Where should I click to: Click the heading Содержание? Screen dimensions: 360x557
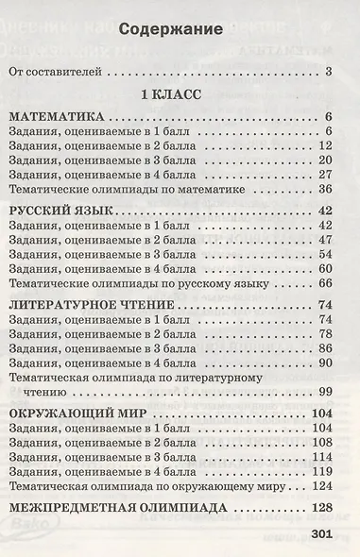175,29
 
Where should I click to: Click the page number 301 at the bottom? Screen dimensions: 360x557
321,537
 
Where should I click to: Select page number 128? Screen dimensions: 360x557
322,507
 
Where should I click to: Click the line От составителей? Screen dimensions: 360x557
57,71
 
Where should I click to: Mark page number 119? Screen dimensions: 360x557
321,469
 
